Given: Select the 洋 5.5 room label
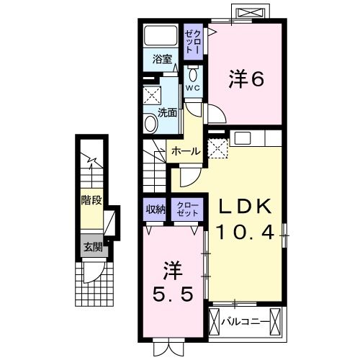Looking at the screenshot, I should [173, 284].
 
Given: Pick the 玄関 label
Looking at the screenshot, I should [91, 246].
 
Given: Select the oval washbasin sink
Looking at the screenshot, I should [150, 122].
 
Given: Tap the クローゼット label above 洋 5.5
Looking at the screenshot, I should [185, 210].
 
